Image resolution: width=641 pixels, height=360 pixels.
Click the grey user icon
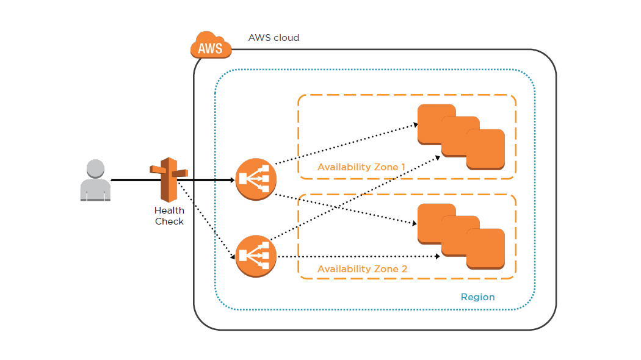tap(95, 181)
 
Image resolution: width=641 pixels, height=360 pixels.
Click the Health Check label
tap(169, 216)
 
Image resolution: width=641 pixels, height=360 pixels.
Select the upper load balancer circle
tap(256, 179)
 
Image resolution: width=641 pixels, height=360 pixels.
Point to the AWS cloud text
tap(273, 38)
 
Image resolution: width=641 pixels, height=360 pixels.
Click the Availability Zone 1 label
tap(361, 167)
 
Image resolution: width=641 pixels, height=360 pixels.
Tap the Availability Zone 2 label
tap(361, 268)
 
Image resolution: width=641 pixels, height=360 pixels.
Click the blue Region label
tap(477, 297)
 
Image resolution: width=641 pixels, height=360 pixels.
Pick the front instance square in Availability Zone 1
tap(485, 149)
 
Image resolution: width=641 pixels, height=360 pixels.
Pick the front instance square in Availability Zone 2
tap(485, 248)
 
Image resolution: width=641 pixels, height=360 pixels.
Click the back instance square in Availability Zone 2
tap(436, 222)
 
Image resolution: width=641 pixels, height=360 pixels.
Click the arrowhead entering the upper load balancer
tap(232, 180)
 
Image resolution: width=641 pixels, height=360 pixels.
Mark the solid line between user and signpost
tap(131, 181)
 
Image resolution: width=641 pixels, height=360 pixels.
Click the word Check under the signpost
tap(169, 221)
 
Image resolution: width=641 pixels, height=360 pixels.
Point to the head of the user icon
tap(95, 168)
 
